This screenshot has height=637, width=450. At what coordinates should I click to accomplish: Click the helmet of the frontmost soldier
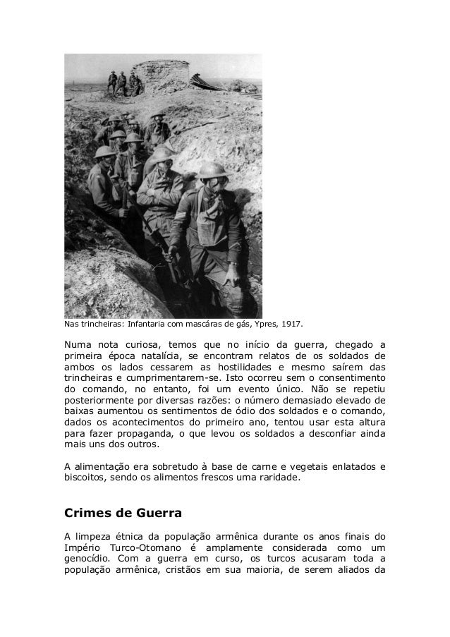tap(211, 170)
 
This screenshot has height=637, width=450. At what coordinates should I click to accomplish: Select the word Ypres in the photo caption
tap(264, 325)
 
